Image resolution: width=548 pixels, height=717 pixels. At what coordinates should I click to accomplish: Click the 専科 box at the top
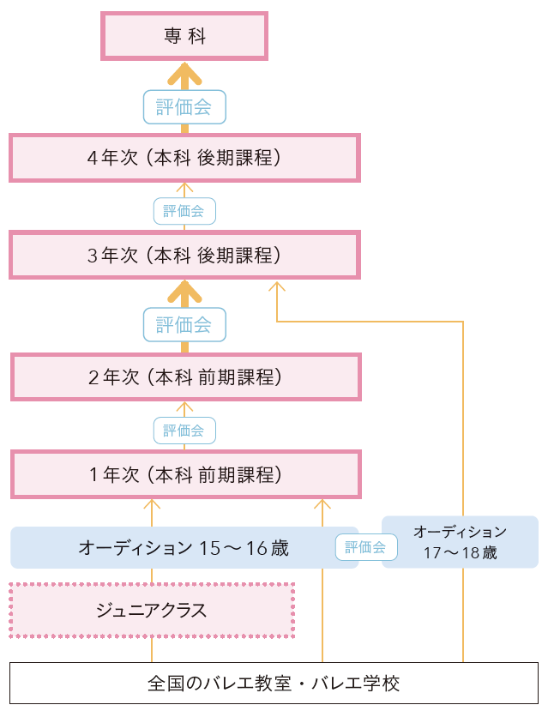[x=184, y=35]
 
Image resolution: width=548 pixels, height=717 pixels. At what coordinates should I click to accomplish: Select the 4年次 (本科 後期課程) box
[x=184, y=158]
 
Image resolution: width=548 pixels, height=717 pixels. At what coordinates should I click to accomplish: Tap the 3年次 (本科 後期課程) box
[x=184, y=255]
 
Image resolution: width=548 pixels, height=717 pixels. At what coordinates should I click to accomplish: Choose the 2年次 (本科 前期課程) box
[x=184, y=377]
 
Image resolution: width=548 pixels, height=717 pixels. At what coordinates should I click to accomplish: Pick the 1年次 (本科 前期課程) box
[x=184, y=473]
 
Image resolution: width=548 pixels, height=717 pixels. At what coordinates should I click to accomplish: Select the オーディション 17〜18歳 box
[x=460, y=542]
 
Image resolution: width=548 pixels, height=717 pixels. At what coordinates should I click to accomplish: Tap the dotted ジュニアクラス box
[x=152, y=611]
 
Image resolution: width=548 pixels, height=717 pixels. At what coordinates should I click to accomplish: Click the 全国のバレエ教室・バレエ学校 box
[x=274, y=684]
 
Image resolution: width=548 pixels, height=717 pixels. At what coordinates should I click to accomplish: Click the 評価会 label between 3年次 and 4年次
[x=184, y=211]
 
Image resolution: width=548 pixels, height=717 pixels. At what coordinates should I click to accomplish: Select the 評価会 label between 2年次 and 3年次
[x=184, y=325]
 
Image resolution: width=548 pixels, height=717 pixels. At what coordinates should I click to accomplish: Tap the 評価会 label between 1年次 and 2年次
[x=184, y=431]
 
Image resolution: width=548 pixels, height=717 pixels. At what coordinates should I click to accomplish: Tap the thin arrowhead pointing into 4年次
[x=184, y=187]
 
